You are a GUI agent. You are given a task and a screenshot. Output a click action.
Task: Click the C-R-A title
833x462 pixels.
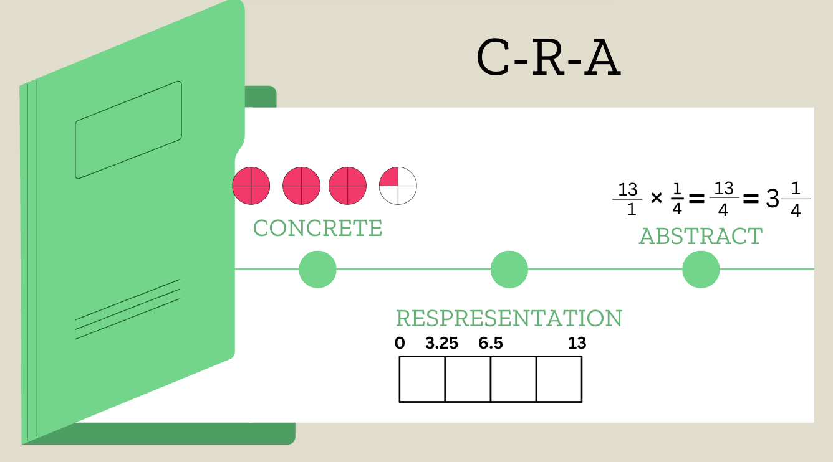(548, 57)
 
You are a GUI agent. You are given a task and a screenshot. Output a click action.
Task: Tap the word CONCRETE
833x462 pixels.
(317, 229)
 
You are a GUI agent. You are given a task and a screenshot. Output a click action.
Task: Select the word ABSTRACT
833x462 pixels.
(700, 237)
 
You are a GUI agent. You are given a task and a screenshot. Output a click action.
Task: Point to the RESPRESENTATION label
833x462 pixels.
(509, 319)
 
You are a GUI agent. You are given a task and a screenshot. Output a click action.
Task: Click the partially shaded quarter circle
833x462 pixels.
(398, 186)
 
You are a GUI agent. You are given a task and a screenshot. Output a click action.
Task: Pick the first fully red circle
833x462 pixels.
(251, 186)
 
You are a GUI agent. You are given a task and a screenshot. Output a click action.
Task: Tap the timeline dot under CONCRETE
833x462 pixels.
(317, 270)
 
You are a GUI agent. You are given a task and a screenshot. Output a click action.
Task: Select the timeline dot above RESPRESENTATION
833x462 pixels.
(509, 270)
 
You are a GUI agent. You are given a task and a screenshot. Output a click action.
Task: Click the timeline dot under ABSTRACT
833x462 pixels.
(701, 270)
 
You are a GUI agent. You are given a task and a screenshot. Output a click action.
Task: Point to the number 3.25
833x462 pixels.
(441, 344)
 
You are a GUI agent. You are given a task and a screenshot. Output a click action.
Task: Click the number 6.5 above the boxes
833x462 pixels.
(491, 344)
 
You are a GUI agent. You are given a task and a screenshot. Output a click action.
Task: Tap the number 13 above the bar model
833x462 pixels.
(577, 344)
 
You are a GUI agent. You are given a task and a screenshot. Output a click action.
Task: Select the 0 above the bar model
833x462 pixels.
(400, 344)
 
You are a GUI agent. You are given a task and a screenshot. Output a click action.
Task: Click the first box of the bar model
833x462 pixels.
(422, 379)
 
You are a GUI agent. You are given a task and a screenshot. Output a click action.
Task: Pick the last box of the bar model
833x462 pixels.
(559, 379)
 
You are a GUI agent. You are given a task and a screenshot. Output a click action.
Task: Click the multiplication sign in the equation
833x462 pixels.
(656, 199)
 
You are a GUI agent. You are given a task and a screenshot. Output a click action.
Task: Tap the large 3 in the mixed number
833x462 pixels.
(772, 200)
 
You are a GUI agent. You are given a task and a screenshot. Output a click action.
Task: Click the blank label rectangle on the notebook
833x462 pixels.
(128, 130)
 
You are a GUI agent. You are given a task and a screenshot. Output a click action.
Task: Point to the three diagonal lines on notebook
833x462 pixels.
(127, 309)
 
